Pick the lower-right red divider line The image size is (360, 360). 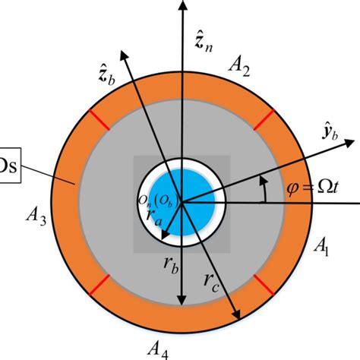[262, 286]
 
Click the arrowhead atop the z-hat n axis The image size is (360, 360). [182, 6]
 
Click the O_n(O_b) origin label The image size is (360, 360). [154, 200]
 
